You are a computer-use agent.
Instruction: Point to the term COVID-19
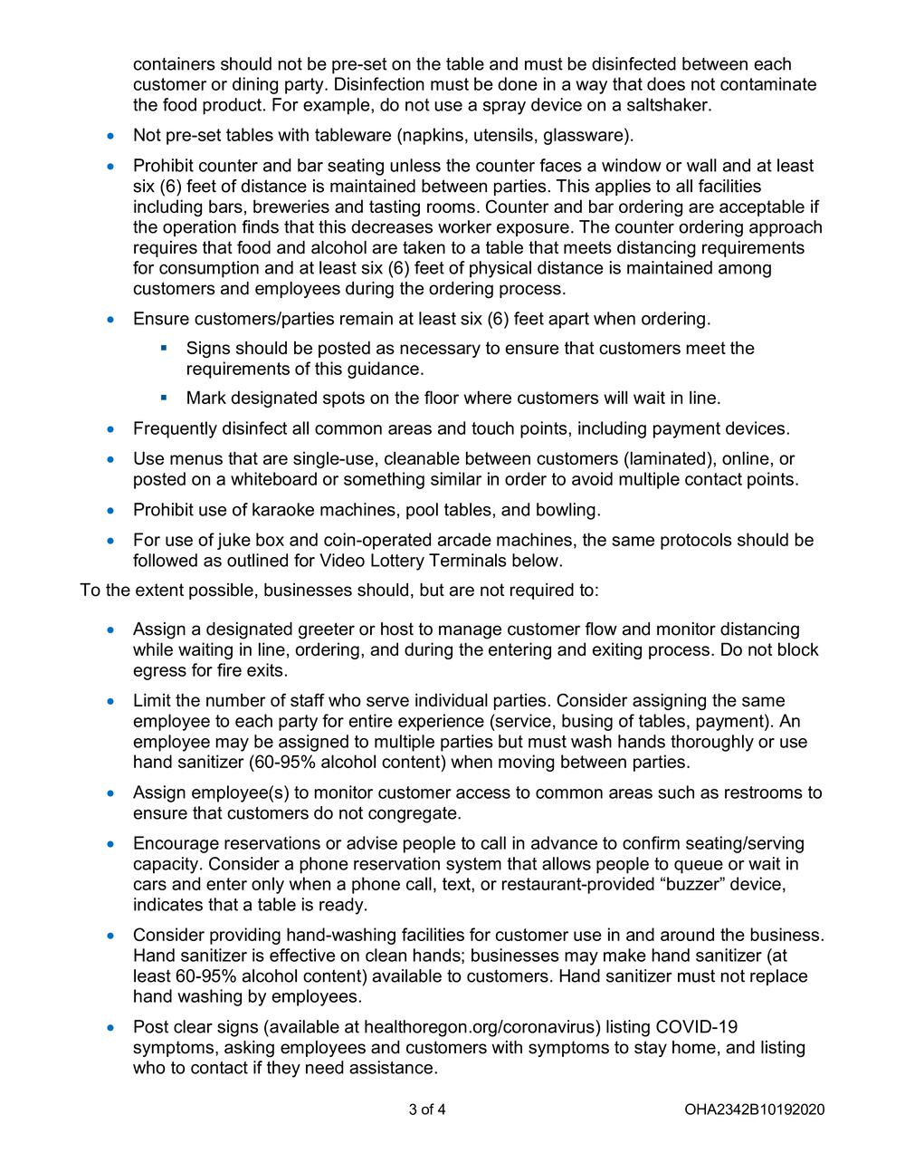[697, 1027]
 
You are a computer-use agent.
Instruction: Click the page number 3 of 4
[427, 1110]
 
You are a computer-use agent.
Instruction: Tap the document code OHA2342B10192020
[755, 1110]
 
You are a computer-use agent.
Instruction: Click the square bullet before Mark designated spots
[165, 398]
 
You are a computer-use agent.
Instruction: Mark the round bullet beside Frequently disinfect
[111, 429]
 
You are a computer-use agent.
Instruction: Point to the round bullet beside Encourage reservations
[111, 844]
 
